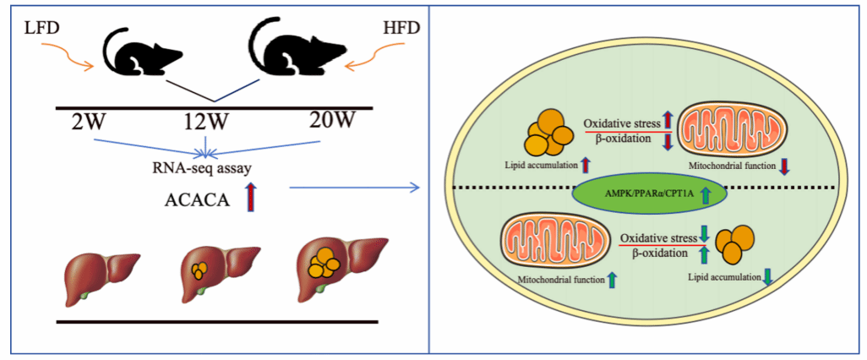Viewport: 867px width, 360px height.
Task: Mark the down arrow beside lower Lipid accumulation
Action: click(x=767, y=277)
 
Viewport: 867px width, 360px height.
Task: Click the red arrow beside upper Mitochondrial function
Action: click(x=784, y=166)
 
